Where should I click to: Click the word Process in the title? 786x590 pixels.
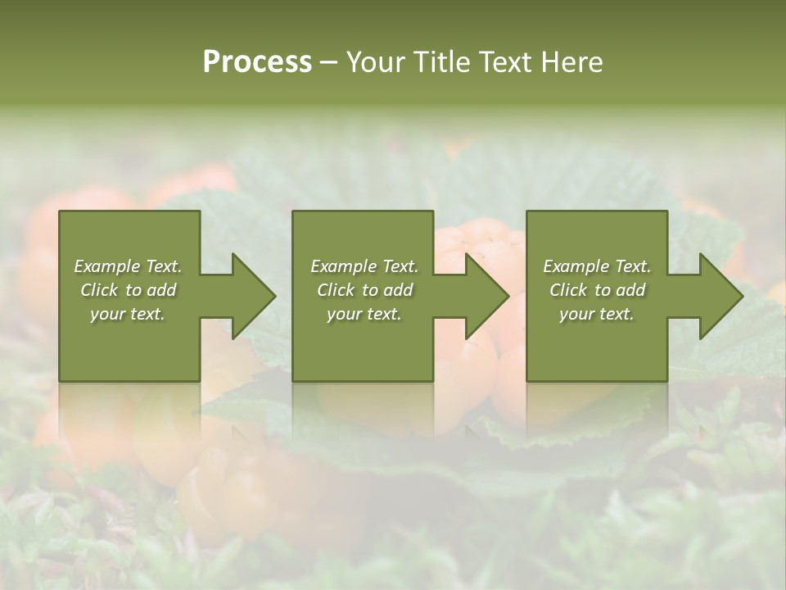257,62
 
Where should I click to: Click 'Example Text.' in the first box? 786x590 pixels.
129,266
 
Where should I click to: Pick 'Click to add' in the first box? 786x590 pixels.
129,290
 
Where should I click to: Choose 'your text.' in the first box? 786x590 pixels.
129,314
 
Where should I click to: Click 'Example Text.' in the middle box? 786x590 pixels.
364,266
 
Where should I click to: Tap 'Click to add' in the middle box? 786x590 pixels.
364,290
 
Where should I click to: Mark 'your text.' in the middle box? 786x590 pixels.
364,314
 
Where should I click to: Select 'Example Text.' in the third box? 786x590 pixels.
597,266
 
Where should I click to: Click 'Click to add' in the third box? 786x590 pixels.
597,290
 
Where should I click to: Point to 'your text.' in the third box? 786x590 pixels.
597,314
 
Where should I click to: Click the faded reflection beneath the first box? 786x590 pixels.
129,410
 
